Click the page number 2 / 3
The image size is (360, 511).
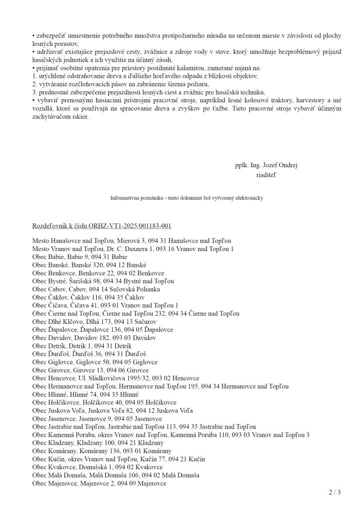(x=335, y=493)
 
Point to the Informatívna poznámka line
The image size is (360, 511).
(x=186, y=198)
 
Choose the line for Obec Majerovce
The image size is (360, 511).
(x=99, y=483)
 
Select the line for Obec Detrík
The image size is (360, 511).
(x=82, y=346)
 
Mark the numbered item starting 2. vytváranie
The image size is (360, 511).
(x=107, y=84)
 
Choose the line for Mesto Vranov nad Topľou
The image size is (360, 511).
(x=133, y=249)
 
